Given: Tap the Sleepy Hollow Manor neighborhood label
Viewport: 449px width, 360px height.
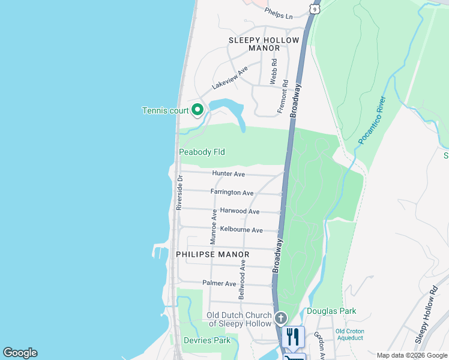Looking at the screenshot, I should pos(264,46).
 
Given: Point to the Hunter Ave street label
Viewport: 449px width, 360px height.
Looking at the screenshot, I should pos(229,174).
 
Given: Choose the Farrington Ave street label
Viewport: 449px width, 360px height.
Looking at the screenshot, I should pos(232,193).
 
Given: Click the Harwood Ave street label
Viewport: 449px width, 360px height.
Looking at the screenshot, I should pos(240,211).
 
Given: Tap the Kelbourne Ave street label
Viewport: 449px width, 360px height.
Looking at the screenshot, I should pos(241,230).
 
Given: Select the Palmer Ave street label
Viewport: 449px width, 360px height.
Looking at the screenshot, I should pos(219,283).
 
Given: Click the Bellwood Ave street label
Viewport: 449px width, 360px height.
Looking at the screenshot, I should pos(242,280).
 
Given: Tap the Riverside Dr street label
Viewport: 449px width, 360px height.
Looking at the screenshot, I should pos(179,192).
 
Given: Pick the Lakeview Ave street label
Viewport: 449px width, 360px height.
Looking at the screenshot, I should pos(230,78).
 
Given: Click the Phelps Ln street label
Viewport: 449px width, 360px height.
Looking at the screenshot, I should pos(279,13).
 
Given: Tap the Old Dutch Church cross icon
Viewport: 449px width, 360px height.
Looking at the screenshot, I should pos(280,317).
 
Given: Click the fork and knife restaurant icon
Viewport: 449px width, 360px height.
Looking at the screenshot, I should pos(293,337).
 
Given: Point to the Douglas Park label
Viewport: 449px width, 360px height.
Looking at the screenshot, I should pos(331,311).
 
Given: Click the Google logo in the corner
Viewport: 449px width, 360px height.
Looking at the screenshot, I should pos(20,353).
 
